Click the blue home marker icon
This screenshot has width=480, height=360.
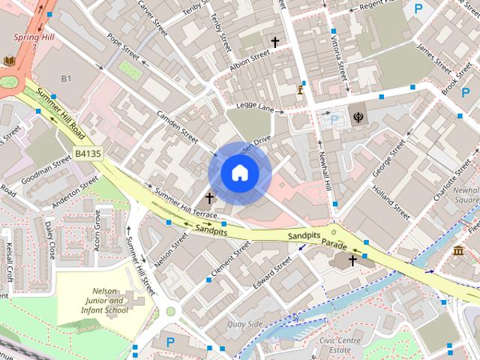tap(239, 172)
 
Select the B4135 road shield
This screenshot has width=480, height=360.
tap(88, 153)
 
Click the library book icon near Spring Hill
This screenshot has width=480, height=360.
tap(9, 61)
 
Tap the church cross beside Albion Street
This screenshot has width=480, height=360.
tap(275, 42)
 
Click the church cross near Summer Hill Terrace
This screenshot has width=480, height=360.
tap(209, 198)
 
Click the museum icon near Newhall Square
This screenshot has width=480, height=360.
tap(458, 250)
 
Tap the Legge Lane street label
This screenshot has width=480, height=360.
tap(256, 107)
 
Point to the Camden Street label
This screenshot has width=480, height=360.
tap(177, 127)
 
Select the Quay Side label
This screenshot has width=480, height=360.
tap(244, 324)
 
